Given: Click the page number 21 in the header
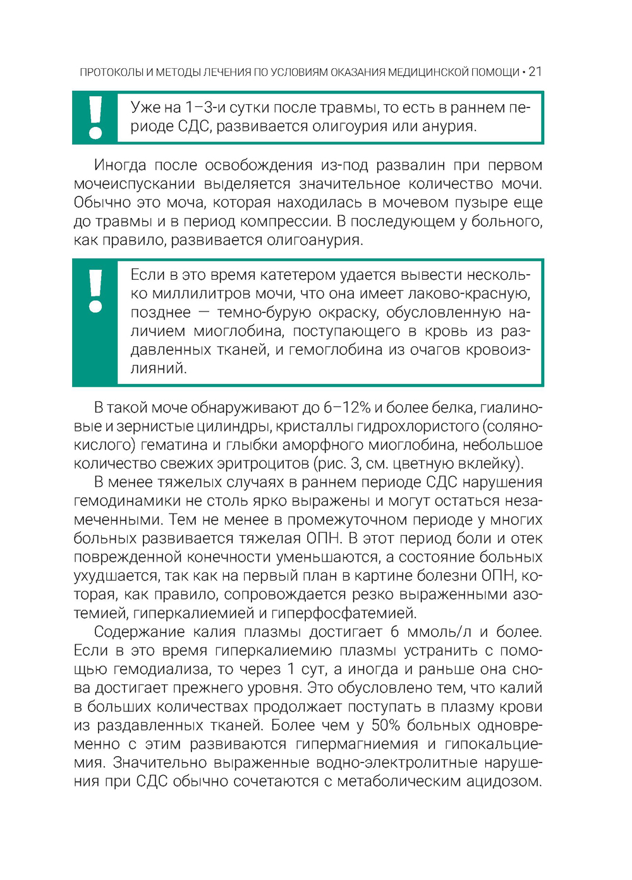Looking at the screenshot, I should click(535, 72).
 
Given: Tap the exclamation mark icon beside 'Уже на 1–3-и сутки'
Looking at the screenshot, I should click(95, 118).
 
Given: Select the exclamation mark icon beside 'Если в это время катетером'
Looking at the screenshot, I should click(95, 291).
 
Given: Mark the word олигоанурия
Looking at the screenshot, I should click(314, 240).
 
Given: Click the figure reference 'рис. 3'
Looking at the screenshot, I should click(338, 464).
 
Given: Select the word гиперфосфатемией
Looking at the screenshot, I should click(344, 613).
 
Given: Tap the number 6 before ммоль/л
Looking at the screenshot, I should click(395, 632).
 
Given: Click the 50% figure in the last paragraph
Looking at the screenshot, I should click(386, 725).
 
